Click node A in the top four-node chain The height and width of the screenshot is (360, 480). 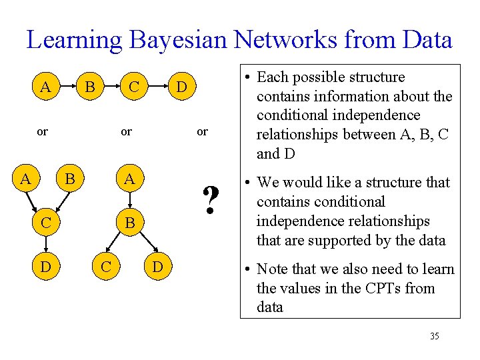point(45,87)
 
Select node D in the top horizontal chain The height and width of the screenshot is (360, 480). point(181,87)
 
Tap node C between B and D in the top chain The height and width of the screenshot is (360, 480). point(135,87)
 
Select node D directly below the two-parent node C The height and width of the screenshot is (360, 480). point(46,267)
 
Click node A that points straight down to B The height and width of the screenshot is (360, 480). point(129,179)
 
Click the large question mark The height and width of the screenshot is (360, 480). point(211,199)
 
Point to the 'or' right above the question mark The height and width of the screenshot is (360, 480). point(202,132)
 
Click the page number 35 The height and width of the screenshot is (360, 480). point(434,336)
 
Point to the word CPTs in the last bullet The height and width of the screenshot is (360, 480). point(364,289)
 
